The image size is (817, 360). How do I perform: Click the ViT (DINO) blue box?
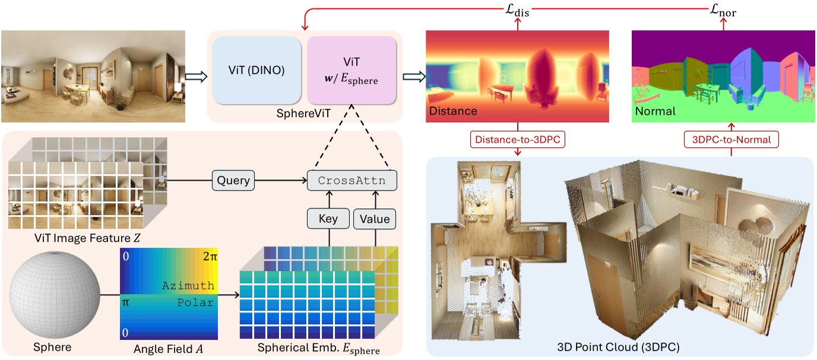click(258, 70)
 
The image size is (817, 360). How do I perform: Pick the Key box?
click(328, 219)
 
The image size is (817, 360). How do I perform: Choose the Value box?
click(375, 219)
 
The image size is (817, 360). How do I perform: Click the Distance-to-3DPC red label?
click(517, 140)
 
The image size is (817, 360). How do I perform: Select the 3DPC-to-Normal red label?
click(731, 140)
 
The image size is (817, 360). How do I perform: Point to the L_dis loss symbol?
click(518, 10)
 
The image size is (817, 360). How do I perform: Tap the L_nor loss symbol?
click(723, 10)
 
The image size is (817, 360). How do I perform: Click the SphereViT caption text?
click(305, 112)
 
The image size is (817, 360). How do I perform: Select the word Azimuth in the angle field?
click(188, 286)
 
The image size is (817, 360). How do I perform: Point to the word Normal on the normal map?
click(656, 111)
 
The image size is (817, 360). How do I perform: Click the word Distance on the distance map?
click(453, 111)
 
